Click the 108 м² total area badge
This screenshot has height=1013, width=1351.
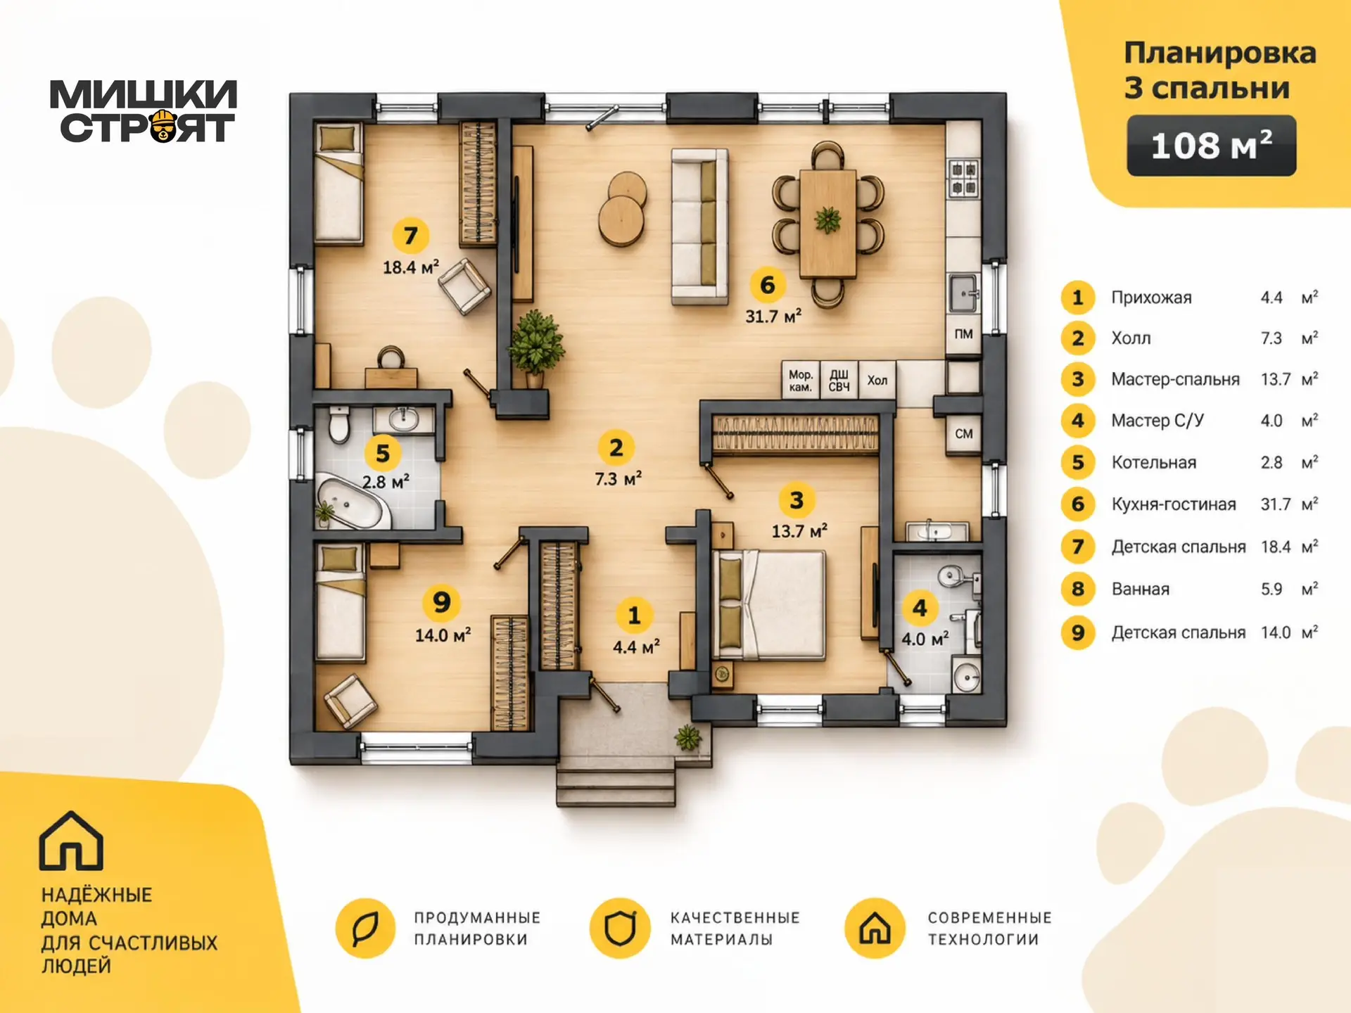[x=1211, y=146]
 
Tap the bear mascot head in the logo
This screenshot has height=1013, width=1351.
[x=164, y=126]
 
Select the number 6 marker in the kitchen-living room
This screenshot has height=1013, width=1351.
[x=767, y=285]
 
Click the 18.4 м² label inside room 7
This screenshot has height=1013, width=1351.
[x=411, y=267]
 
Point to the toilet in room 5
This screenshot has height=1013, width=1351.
[x=339, y=423]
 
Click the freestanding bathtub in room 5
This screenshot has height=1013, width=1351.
[x=352, y=502]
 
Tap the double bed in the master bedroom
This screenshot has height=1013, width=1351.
[x=768, y=606]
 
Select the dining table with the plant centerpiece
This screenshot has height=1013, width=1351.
[x=828, y=223]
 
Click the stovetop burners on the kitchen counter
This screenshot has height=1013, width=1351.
[x=963, y=178]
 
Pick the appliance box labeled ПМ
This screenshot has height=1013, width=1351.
[x=963, y=334]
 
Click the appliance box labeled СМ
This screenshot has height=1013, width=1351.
[x=963, y=434]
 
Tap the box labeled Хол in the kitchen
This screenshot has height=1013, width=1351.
[x=877, y=381]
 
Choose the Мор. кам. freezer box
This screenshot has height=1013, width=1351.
[x=801, y=381]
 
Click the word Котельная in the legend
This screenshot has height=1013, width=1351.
[x=1153, y=463]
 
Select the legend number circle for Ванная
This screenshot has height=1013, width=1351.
[x=1078, y=589]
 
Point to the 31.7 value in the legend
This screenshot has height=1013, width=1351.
[x=1276, y=504]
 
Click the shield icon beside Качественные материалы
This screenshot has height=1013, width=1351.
[x=620, y=928]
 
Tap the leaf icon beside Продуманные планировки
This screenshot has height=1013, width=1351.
[x=365, y=928]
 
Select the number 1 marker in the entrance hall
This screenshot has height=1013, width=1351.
[x=634, y=616]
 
